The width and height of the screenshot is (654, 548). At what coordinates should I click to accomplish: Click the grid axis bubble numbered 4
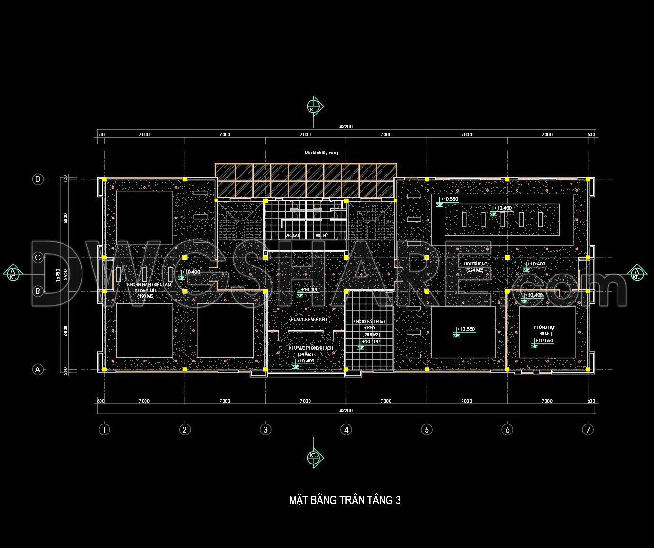tap(346, 430)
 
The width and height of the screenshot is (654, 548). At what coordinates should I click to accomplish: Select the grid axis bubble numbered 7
tap(588, 430)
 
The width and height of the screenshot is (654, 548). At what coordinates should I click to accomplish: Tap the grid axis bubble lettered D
tap(37, 179)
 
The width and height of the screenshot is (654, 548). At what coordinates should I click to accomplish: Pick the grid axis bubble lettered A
tap(37, 370)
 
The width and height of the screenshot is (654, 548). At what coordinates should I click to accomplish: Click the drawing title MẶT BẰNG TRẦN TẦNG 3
tap(345, 500)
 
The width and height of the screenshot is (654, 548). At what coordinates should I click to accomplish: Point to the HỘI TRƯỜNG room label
tap(475, 264)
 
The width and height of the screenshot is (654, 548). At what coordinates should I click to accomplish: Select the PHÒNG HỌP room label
tap(544, 327)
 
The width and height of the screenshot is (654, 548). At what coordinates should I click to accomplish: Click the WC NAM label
tap(292, 235)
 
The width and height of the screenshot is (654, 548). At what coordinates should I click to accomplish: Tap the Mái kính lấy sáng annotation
tap(321, 153)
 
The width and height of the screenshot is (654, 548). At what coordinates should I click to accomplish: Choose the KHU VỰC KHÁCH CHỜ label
tap(308, 320)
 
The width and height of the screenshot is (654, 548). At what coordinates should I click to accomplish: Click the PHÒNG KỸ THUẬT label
tap(369, 322)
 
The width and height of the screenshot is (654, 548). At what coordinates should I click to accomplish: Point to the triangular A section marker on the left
tap(13, 273)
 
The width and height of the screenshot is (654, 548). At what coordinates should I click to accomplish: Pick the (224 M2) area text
tap(474, 270)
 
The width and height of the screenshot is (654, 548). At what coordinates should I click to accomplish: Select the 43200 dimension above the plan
tap(346, 126)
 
